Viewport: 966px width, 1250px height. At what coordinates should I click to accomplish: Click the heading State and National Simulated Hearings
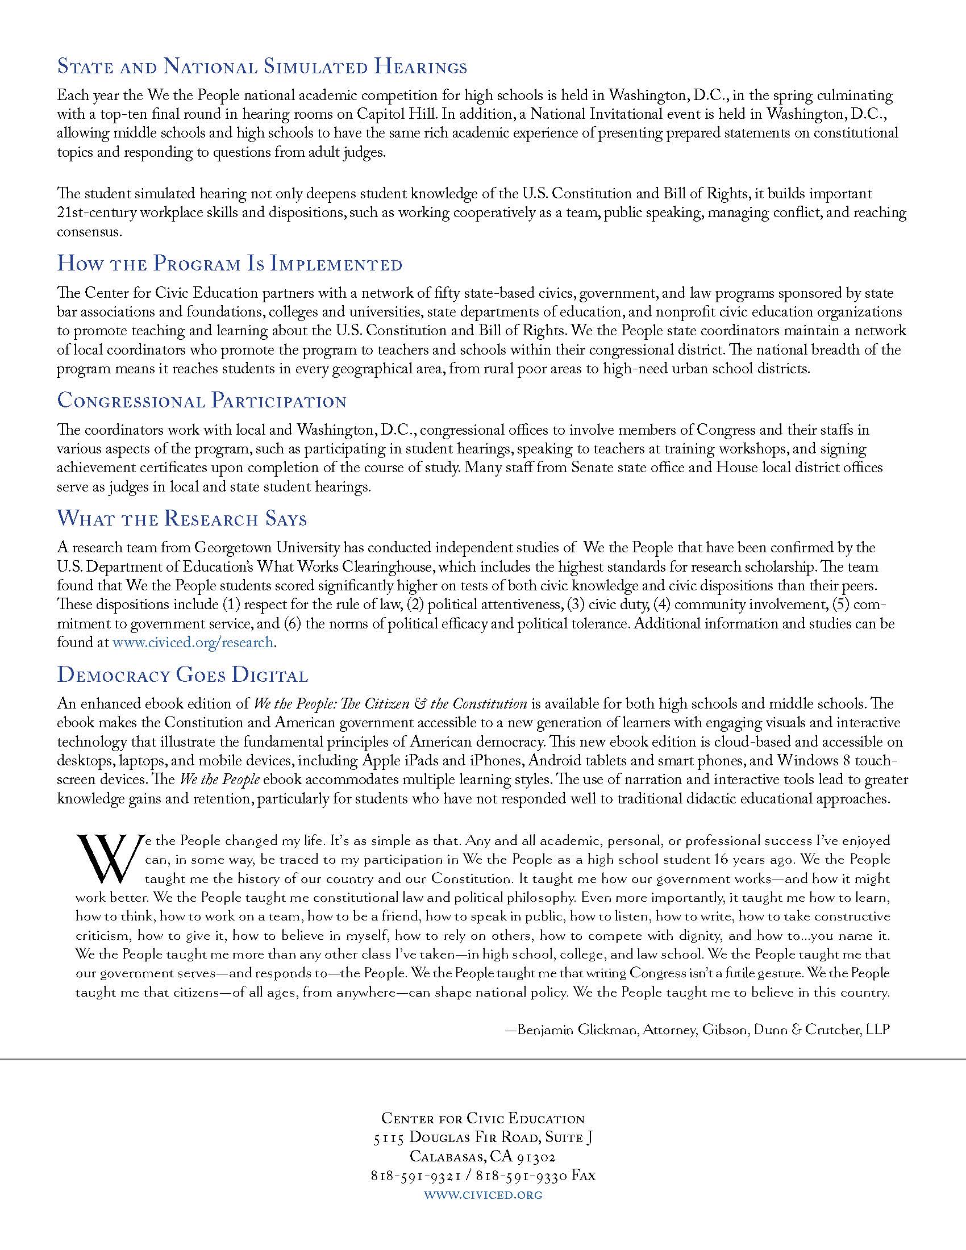[262, 68]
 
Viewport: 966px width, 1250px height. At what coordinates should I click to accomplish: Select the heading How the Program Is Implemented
[230, 265]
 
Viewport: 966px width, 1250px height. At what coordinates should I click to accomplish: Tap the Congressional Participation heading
[202, 401]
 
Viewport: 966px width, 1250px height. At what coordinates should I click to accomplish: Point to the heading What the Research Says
[182, 519]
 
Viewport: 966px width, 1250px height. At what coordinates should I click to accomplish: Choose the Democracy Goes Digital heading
[182, 676]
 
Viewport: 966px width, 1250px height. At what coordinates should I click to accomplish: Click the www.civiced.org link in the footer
[482, 1194]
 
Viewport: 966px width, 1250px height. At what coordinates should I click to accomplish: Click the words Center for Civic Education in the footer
[483, 1118]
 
